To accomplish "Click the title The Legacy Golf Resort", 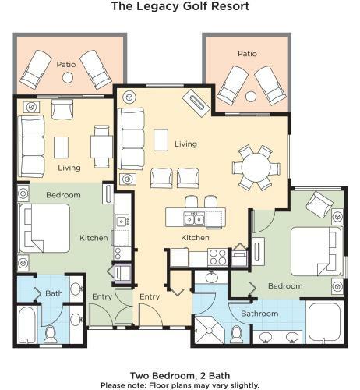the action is coord(180,6).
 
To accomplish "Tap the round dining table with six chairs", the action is coord(256,167).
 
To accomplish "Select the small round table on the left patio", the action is coord(68,77).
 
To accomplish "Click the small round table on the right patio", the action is coord(251,97).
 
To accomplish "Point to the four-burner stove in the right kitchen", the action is coord(217,257).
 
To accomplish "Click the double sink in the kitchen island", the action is coord(194,219).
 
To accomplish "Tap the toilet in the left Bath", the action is coord(50,335).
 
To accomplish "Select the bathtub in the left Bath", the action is coord(26,325).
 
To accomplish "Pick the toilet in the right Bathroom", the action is coord(236,335).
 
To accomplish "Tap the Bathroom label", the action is coord(259,314).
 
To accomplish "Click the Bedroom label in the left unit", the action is coord(63,195).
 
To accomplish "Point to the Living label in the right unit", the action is coord(185,144).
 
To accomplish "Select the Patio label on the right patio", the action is coord(247,54).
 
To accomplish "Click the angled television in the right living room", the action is coord(196,103).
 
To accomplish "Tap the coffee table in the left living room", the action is coord(62,147).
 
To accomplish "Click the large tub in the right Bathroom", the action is coord(325,322).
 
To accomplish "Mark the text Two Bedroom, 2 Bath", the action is coord(180,375).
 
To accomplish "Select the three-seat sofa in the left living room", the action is coord(31,147).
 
